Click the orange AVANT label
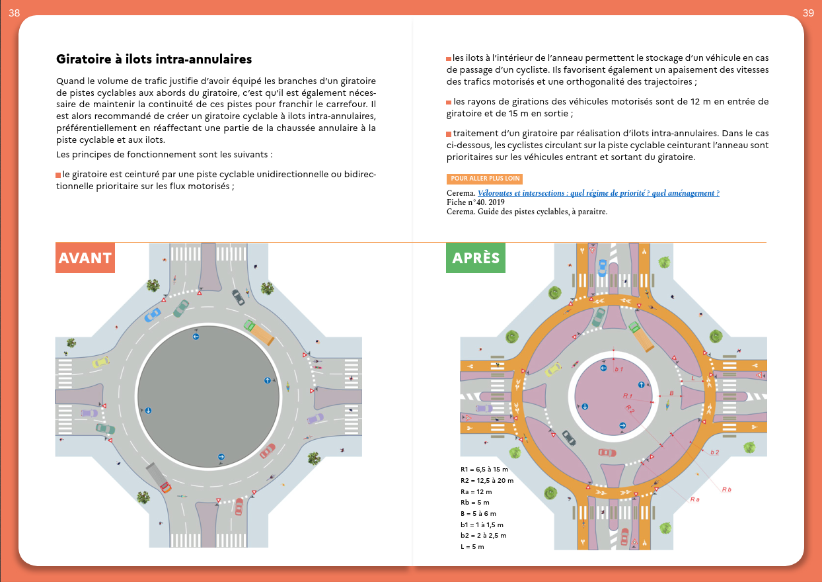coord(85,258)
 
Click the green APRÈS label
coord(476,258)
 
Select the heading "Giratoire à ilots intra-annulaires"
coord(154,60)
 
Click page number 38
coord(14,13)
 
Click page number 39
coord(807,13)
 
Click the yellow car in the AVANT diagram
coord(100,362)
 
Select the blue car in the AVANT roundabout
coord(153,314)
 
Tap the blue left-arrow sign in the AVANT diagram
coord(196,337)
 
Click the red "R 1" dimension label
coord(628,395)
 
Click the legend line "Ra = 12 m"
coord(476,492)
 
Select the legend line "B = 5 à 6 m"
coord(478,513)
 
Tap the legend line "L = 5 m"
coord(472,546)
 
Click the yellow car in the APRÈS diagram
coord(554,369)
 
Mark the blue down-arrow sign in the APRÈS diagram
coord(585,407)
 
